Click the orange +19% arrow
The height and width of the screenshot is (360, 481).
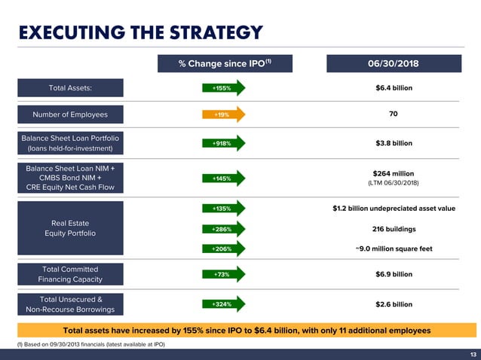pyautogui.click(x=224, y=115)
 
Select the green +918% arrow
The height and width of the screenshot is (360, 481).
pyautogui.click(x=224, y=143)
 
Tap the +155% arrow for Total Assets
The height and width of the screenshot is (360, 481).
pyautogui.click(x=224, y=88)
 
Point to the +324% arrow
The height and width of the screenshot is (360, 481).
pyautogui.click(x=224, y=304)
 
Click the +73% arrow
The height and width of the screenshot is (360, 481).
pyautogui.click(x=224, y=275)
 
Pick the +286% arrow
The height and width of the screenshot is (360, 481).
pyautogui.click(x=224, y=229)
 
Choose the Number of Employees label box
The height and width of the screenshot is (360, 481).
pyautogui.click(x=70, y=115)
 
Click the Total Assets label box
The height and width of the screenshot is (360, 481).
pyautogui.click(x=70, y=88)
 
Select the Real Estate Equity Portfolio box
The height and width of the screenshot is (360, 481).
pyautogui.click(x=70, y=228)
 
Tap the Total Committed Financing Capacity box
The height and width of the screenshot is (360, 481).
pyautogui.click(x=70, y=274)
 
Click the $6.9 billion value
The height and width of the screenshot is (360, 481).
pyautogui.click(x=394, y=275)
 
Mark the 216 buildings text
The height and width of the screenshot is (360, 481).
pyautogui.click(x=394, y=229)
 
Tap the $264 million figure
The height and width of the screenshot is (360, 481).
pyautogui.click(x=394, y=173)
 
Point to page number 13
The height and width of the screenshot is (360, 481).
pyautogui.click(x=473, y=355)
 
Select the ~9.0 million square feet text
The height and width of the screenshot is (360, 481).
pyautogui.click(x=394, y=249)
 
